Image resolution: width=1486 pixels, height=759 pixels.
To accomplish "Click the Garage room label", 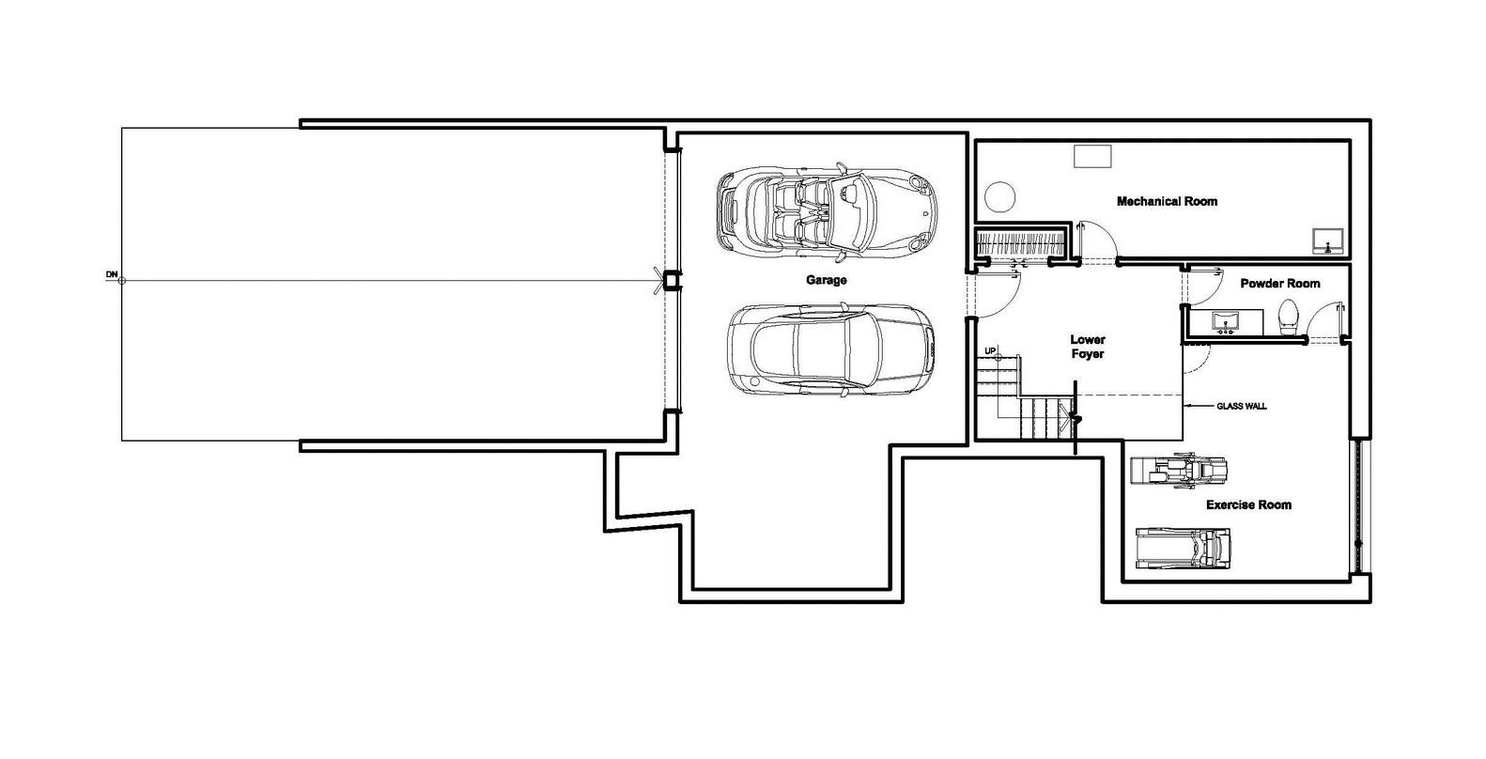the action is (826, 280).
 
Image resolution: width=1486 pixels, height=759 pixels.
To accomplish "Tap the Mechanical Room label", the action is (1167, 201).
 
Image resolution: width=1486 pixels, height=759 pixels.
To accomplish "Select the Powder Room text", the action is (1279, 284).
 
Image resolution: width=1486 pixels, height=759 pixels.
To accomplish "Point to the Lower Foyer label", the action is (1088, 347).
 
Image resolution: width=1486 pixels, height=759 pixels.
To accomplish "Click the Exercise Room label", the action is (1248, 504).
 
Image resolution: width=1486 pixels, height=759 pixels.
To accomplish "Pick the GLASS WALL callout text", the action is (1241, 406).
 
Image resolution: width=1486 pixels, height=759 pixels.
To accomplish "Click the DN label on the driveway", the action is (112, 274).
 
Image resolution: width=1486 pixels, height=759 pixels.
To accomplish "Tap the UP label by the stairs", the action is (990, 350).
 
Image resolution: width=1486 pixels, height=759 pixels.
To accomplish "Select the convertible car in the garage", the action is (827, 211).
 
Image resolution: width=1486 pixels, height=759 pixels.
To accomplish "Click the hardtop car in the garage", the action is (830, 350).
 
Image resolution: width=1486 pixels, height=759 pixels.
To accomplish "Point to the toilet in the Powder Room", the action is (1288, 318).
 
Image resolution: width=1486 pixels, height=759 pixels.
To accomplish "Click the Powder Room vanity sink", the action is (1225, 321).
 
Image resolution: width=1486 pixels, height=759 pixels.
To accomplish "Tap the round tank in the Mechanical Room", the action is (999, 197).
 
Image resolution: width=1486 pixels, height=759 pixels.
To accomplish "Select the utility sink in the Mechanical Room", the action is (1328, 240).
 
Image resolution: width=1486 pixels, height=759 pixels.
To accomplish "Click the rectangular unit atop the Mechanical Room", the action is (1091, 156).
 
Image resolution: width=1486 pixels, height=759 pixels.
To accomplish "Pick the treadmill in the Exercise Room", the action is (1183, 548).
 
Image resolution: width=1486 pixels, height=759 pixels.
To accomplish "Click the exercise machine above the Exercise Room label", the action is (1179, 471).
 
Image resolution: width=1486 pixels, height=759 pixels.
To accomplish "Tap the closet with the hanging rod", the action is (1021, 242).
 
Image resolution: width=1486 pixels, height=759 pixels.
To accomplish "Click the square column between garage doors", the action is (672, 281).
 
